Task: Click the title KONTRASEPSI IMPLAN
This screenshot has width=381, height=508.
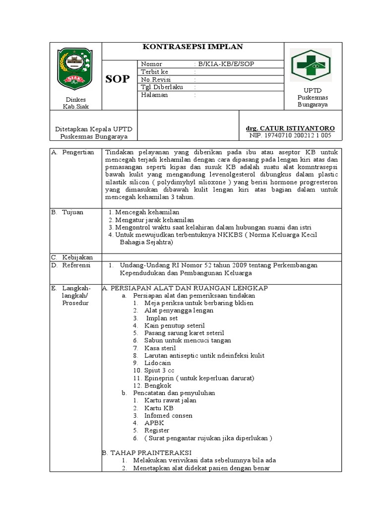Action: (192, 47)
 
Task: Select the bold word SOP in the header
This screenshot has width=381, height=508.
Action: (118, 79)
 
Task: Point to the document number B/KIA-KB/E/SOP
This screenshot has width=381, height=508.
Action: (227, 64)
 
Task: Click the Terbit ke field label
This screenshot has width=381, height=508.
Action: (155, 71)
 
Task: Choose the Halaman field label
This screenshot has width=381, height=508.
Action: (154, 95)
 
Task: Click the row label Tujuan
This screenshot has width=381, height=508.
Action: (72, 212)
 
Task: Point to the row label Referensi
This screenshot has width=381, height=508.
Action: (76, 265)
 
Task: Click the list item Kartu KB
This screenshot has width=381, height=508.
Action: (159, 408)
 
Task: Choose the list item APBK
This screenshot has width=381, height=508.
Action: (154, 423)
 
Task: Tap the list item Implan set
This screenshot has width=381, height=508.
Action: (161, 318)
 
